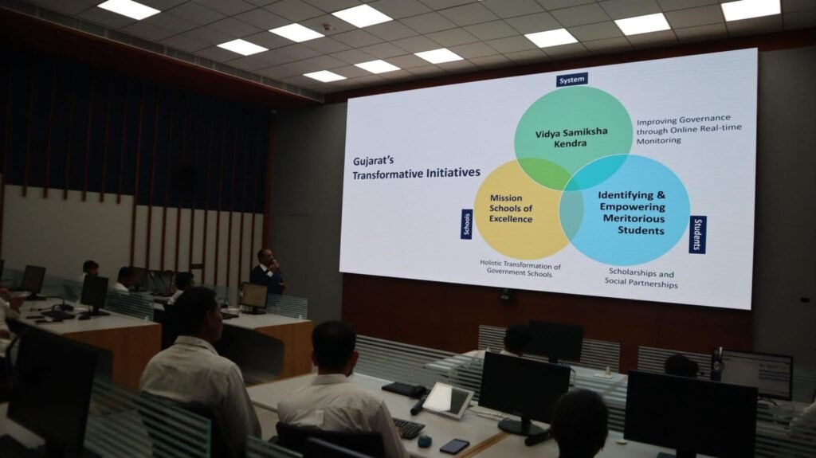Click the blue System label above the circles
click(x=572, y=80)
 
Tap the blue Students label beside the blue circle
click(x=697, y=235)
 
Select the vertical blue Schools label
click(x=466, y=225)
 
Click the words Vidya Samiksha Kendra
click(x=571, y=137)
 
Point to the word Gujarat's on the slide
click(x=373, y=161)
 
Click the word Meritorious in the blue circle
click(x=634, y=218)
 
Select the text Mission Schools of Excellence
click(x=511, y=209)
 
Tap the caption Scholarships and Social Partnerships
click(x=641, y=279)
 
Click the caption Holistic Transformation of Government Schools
click(x=520, y=268)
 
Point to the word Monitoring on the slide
click(x=658, y=140)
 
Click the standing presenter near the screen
click(x=268, y=272)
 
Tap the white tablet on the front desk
click(x=448, y=400)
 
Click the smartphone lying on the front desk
click(x=453, y=446)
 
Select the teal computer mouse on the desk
click(x=425, y=441)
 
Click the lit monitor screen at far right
click(x=758, y=374)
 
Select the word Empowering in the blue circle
click(x=632, y=206)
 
